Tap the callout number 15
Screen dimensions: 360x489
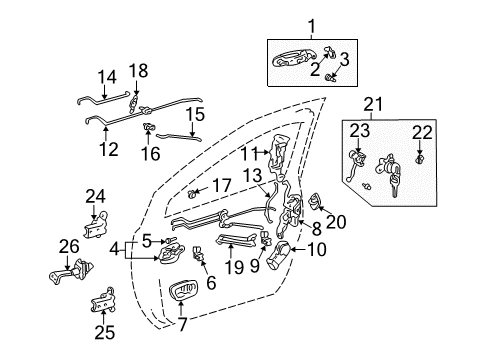pos(197,116)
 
